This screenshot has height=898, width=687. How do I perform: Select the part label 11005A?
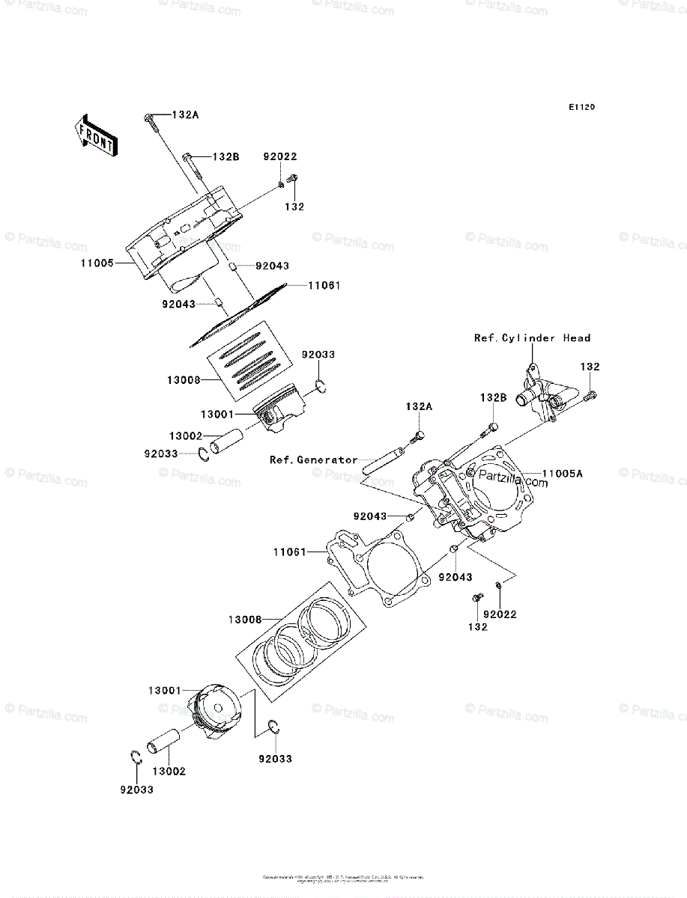click(x=563, y=473)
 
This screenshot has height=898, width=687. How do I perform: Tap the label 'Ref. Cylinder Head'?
click(x=532, y=338)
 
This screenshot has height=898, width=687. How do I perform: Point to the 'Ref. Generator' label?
click(x=314, y=459)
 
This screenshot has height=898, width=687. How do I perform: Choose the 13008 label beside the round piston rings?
click(x=245, y=620)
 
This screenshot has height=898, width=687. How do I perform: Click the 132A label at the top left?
click(x=186, y=114)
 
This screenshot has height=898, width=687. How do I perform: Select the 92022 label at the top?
click(x=279, y=157)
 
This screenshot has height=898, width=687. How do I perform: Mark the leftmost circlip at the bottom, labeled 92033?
click(x=135, y=757)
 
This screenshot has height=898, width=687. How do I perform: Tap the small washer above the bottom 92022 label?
click(x=498, y=584)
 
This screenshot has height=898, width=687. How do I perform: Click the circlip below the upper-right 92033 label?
click(x=321, y=386)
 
